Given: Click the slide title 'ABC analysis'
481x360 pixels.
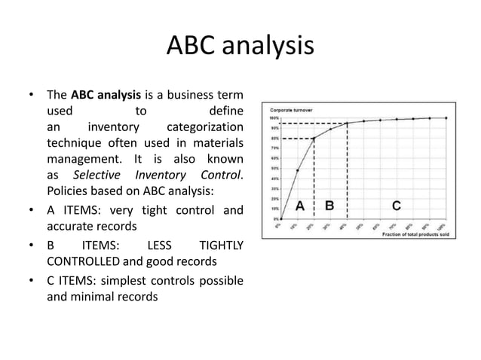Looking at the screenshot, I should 240,46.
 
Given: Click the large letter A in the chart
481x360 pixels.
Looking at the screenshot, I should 299,205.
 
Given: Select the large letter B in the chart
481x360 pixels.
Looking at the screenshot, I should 330,205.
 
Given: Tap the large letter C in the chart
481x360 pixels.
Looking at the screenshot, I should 396,205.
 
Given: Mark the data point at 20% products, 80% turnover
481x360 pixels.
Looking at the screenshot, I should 314,139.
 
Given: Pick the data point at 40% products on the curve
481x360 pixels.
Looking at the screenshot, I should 347,124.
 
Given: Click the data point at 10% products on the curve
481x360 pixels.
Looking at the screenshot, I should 297,170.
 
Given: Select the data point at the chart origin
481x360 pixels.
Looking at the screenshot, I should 280,219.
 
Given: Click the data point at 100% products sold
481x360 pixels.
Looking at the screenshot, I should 446,117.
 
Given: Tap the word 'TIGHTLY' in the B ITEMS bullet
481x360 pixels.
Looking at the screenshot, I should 219,246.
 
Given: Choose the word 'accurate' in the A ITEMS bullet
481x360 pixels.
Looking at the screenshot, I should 72,225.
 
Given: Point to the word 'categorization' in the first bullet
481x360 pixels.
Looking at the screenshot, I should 204,127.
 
